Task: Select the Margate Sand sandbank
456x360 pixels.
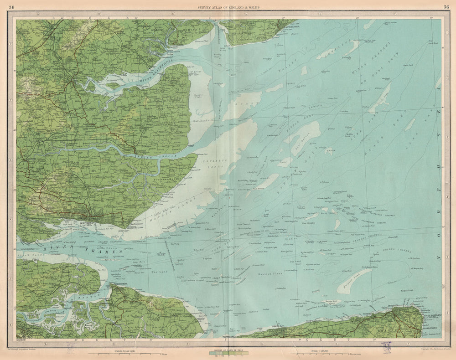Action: pyautogui.click(x=353, y=280)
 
